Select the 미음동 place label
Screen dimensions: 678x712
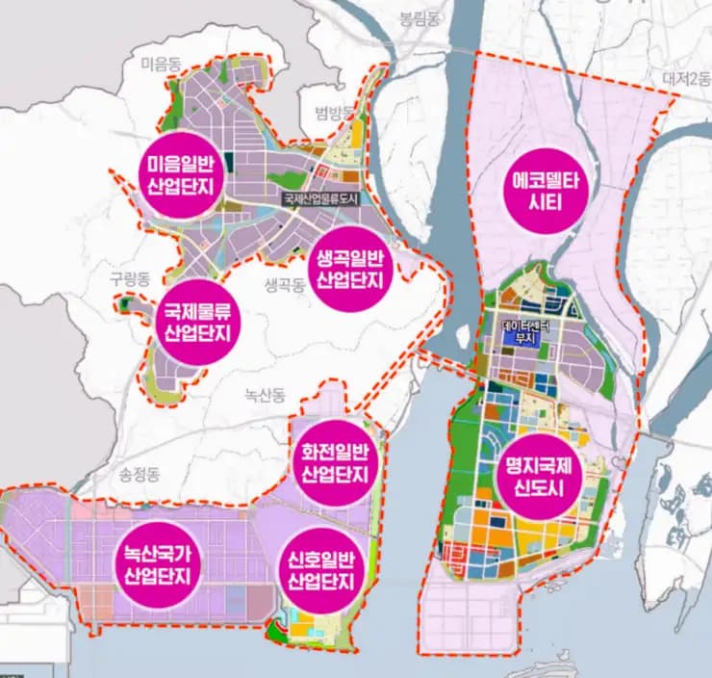(x=161, y=65)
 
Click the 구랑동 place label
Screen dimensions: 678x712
(x=131, y=277)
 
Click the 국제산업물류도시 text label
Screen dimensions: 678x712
(x=320, y=198)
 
